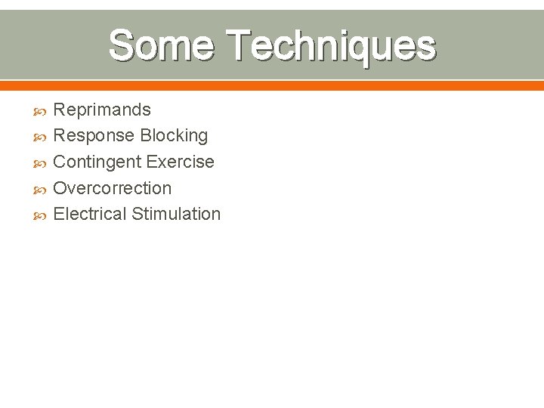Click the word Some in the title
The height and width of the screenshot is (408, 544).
[x=162, y=45]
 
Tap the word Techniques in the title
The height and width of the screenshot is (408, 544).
[x=331, y=45]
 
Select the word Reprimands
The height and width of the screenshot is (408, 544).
[x=102, y=110]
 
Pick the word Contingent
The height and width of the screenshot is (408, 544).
[x=97, y=162]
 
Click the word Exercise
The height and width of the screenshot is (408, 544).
[x=181, y=162]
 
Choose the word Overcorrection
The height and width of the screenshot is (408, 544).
[x=113, y=188]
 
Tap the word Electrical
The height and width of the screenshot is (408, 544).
[x=90, y=214]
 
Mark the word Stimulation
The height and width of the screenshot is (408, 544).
[x=176, y=214]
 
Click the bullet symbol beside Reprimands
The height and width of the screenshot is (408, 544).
[x=41, y=111]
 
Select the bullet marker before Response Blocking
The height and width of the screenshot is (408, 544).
[x=41, y=137]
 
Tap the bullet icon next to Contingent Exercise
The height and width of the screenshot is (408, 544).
[x=41, y=163]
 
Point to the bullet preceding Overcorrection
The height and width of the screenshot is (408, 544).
[x=41, y=189]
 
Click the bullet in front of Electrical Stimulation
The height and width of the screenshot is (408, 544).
[x=41, y=215]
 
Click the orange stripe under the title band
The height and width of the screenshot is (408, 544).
[x=272, y=85]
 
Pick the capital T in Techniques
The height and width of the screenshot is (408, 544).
[x=240, y=45]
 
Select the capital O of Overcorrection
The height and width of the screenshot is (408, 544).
[x=60, y=188]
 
